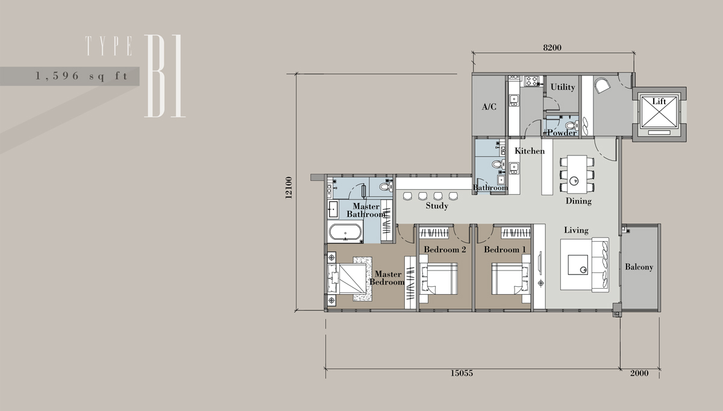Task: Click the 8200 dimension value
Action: tap(552, 48)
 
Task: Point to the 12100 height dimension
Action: tap(289, 187)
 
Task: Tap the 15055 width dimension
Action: tap(462, 373)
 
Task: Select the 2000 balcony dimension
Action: tap(639, 373)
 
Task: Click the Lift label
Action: tap(659, 101)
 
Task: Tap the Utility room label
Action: tap(563, 87)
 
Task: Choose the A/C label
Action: tap(489, 107)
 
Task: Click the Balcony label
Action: tap(639, 267)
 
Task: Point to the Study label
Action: tap(437, 206)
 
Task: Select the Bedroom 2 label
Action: tap(445, 249)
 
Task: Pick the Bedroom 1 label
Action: tap(505, 249)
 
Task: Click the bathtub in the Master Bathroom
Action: tap(345, 232)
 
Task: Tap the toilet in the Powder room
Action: tap(572, 125)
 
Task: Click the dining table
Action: tap(577, 174)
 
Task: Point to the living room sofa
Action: tap(600, 265)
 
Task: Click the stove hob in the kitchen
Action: tap(531, 81)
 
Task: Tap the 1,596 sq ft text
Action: tap(82, 76)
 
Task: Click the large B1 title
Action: tap(165, 76)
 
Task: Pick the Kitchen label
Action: tap(530, 151)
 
